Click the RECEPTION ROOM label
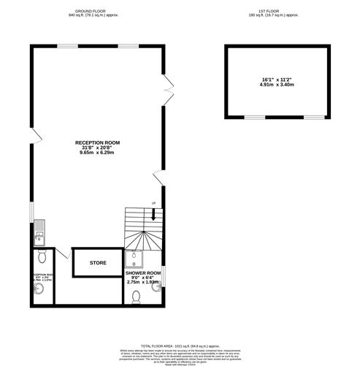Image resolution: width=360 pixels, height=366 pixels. pyautogui.click(x=97, y=142)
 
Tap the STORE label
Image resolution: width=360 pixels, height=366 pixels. pyautogui.click(x=98, y=262)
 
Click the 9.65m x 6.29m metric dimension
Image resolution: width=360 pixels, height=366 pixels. pyautogui.click(x=97, y=153)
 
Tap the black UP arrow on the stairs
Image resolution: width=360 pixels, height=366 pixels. pyautogui.click(x=154, y=214)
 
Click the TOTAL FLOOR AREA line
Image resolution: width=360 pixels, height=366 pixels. pyautogui.click(x=180, y=346)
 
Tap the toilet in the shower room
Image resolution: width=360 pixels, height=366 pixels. pyautogui.click(x=137, y=296)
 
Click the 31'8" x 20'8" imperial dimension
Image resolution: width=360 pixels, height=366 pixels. pyautogui.click(x=97, y=148)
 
